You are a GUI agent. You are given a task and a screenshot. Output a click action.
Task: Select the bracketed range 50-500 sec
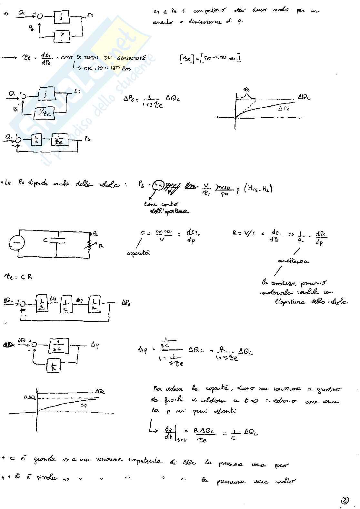pyautogui.click(x=210, y=58)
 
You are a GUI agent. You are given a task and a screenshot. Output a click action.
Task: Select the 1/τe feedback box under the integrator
pyautogui.click(x=45, y=113)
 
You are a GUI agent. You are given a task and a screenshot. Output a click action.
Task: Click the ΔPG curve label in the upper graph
pyautogui.click(x=284, y=109)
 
